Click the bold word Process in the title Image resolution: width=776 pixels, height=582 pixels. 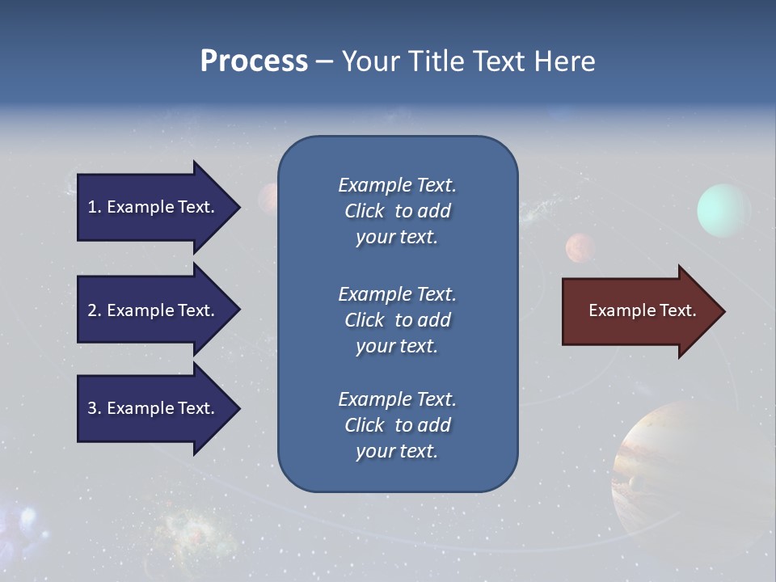point(254,61)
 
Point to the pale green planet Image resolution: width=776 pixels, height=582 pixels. point(724,210)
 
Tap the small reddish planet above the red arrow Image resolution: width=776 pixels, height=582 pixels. point(580,247)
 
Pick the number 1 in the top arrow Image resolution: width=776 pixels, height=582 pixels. point(92,207)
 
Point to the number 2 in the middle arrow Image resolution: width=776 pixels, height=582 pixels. point(92,310)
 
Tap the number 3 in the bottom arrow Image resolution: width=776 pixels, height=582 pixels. point(92,408)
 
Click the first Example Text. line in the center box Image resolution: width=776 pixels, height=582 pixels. point(397,185)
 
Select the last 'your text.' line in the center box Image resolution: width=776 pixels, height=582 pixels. point(397,451)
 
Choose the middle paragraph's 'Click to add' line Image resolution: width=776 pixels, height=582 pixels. point(397,320)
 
